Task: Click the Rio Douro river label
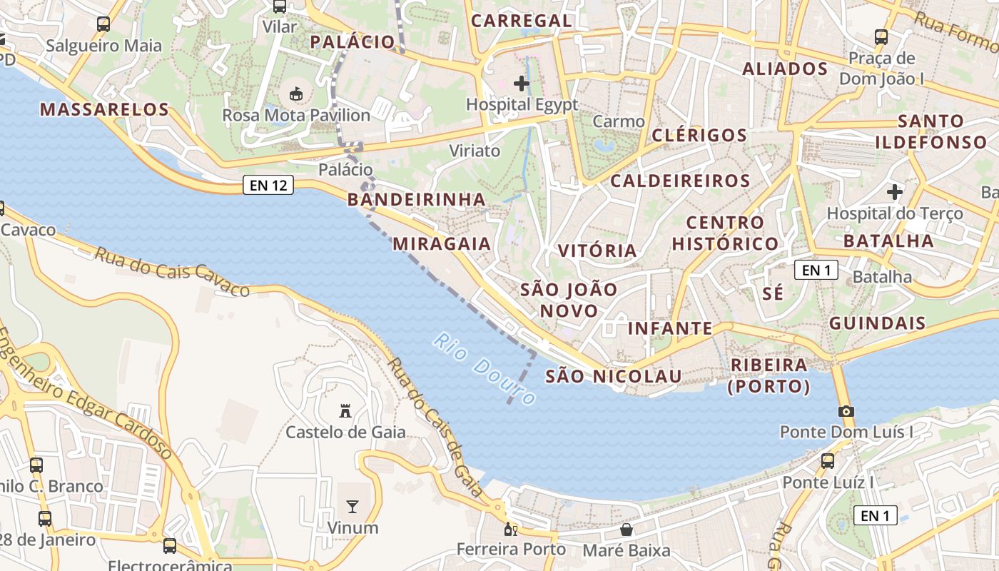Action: pos(484,370)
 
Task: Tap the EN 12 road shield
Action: pos(268,186)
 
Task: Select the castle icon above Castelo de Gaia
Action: pos(345,411)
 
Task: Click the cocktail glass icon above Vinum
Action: pos(352,507)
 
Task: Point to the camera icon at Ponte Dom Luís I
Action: pos(846,411)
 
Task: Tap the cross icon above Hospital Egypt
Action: pos(522,84)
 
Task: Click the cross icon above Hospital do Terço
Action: pos(894,192)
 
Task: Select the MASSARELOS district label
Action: pos(104,109)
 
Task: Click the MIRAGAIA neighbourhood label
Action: pos(442,243)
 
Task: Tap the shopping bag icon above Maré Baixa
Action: pos(627,530)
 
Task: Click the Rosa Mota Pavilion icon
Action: pos(295,94)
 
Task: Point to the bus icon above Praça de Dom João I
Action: pos(881,37)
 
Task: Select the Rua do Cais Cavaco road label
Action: pos(172,272)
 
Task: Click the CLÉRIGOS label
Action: pos(699,135)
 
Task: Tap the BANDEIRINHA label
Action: pos(417,199)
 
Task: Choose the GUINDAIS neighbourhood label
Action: pos(877,323)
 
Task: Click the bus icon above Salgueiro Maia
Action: pos(103,24)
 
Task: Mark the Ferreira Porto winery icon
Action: pos(510,530)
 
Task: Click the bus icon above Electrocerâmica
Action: pos(170,546)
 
